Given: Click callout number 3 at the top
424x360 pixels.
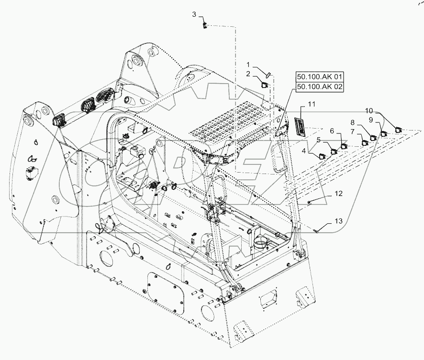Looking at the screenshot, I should [x=194, y=14].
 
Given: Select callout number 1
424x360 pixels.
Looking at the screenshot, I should [x=248, y=64].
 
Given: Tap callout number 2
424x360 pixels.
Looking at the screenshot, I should [x=248, y=73].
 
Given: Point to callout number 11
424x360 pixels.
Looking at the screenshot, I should [x=312, y=104].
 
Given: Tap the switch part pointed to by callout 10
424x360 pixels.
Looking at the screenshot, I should [x=399, y=128].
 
